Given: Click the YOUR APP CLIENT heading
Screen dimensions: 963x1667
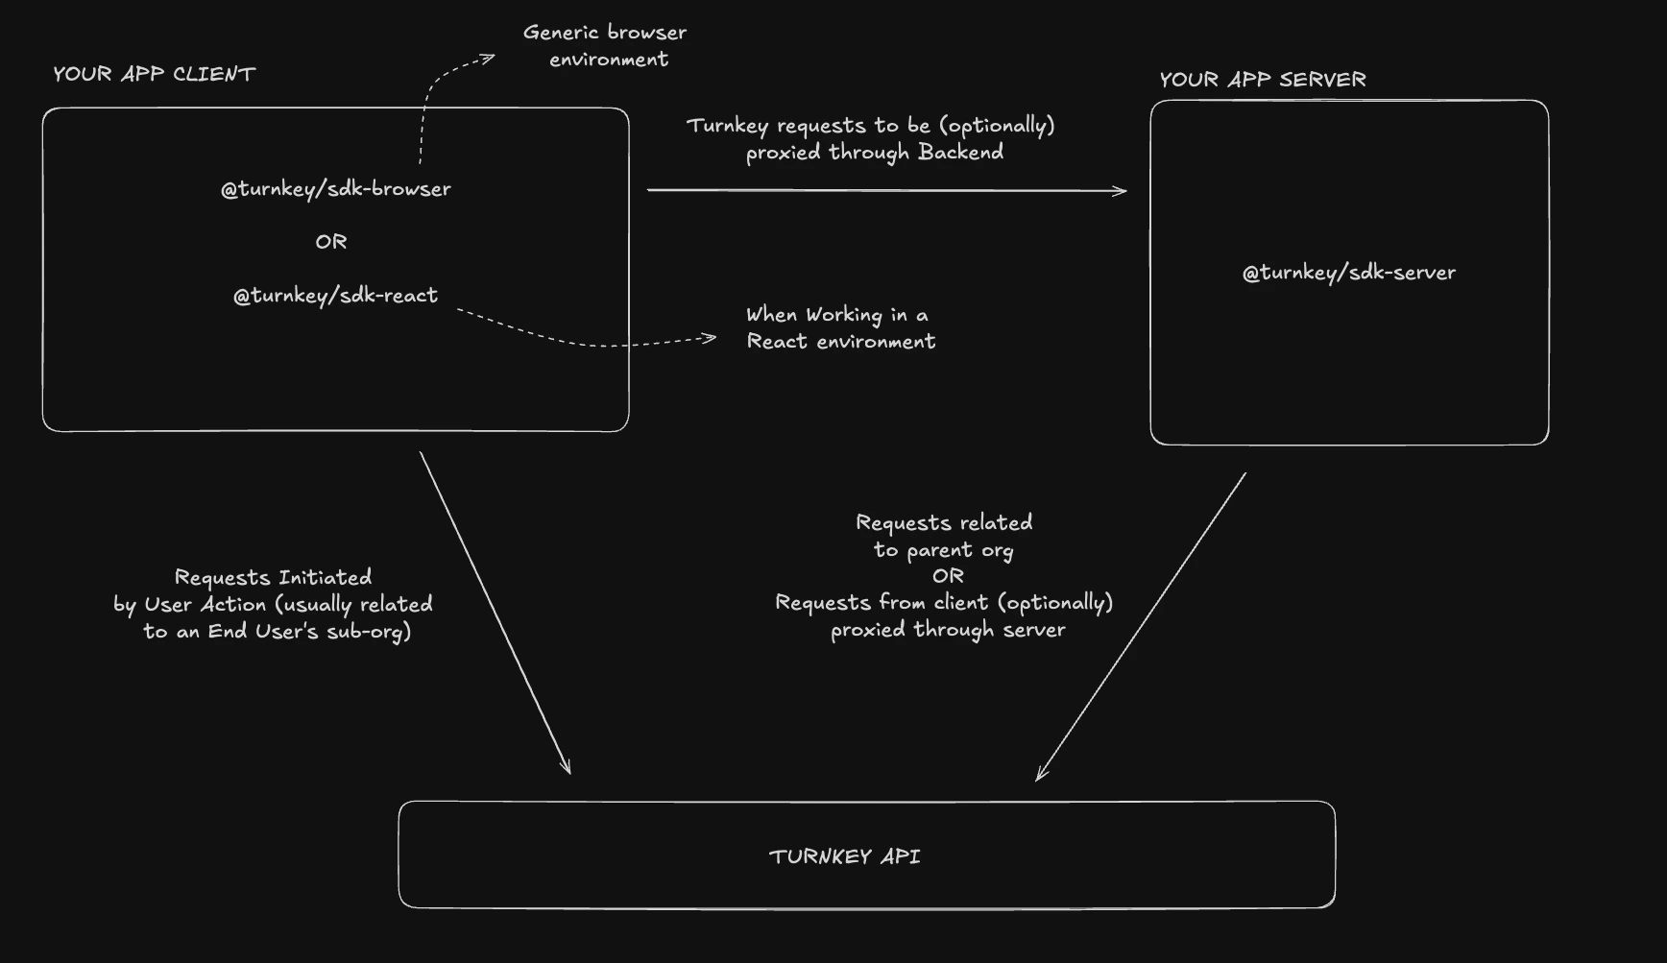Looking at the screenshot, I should pos(154,74).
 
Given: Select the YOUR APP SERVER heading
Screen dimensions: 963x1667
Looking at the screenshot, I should pos(1262,80).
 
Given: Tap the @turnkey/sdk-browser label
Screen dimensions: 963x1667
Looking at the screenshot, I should pos(335,189).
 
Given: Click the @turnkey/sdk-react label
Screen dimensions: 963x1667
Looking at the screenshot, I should pos(335,296).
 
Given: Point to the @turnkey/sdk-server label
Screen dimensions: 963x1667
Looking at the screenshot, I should pos(1348,273).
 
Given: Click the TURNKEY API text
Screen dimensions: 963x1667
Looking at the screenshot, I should pos(844,856).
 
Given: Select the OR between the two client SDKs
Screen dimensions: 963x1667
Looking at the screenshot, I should pos(331,242).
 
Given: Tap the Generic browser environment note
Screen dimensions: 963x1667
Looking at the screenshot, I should pos(605,45).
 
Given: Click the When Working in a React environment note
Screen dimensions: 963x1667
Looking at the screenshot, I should pos(840,328).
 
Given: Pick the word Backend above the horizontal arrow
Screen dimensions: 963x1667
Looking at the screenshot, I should pos(960,152).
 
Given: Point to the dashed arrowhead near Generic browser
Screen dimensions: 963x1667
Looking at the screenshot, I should pos(490,59).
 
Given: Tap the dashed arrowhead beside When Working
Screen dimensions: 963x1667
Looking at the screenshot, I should pos(711,337).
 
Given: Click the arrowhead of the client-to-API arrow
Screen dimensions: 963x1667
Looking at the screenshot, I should pos(568,767).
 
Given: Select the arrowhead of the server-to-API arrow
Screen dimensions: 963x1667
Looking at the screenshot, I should pos(1040,775).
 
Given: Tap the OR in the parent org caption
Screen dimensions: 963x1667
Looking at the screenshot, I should pos(948,576).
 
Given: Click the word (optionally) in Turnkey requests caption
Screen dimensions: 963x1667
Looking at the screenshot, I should pos(997,126).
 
